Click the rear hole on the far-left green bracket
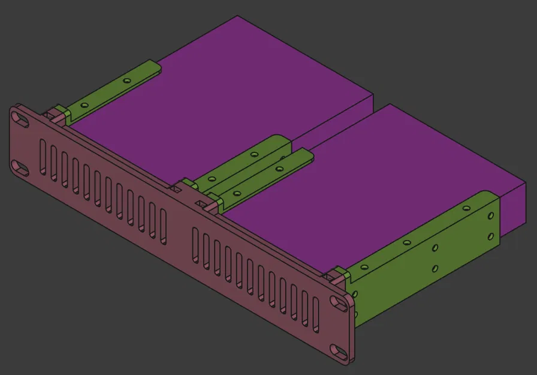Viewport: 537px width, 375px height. [126, 80]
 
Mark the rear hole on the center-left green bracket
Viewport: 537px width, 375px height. [254, 154]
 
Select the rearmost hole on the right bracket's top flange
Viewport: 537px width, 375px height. [465, 208]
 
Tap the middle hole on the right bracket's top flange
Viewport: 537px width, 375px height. [406, 242]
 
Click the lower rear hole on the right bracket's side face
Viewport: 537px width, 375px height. [491, 237]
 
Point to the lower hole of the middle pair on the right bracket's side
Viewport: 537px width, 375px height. [436, 268]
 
